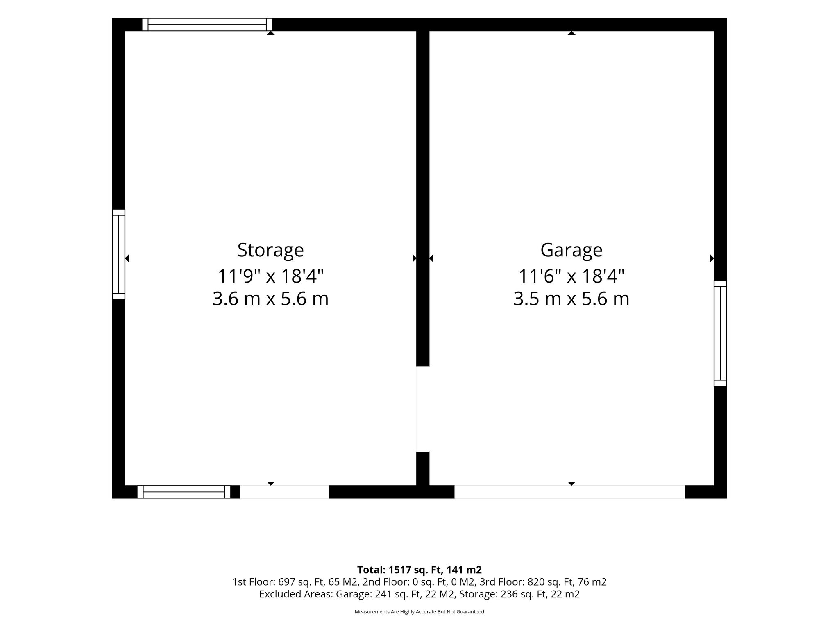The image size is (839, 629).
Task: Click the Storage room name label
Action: coord(270,250)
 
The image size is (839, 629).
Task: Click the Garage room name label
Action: coord(571,250)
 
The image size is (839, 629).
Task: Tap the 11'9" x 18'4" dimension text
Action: coord(270,276)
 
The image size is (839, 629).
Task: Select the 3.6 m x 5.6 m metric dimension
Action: coord(270,299)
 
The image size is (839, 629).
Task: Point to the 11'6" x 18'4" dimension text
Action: coord(571,276)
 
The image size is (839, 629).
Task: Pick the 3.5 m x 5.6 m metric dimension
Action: coord(571,299)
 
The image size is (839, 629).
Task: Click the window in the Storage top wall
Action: coord(207,25)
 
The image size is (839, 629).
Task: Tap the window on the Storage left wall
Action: coord(118,254)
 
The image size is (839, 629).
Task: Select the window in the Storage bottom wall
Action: coord(184,492)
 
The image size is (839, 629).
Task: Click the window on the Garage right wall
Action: coord(720,333)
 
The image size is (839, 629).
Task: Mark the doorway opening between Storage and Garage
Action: coord(423,409)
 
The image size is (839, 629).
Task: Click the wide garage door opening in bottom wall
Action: coord(569,492)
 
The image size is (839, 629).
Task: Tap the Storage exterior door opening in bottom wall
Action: coord(284,492)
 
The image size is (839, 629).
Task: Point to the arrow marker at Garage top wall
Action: coord(571,33)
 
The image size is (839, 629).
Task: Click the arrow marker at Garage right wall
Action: coord(712,258)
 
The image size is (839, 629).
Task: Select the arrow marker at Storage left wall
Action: coord(127,258)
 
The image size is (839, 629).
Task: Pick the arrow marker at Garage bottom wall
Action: coord(571,484)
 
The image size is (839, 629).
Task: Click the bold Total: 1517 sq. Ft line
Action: coord(419,570)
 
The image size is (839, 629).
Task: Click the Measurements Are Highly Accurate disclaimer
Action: coord(419,612)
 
